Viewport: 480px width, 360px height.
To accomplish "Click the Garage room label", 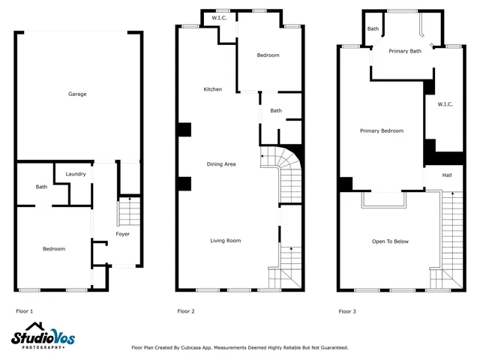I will click(77, 94).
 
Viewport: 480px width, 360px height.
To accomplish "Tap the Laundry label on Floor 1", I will click(76, 174).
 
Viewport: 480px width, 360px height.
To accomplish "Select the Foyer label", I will click(122, 234).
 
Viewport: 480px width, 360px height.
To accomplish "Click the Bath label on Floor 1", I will click(41, 187).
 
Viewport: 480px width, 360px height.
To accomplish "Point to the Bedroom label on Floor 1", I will click(53, 249).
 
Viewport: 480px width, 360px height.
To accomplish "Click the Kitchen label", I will click(213, 89).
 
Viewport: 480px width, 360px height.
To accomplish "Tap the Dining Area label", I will click(222, 163).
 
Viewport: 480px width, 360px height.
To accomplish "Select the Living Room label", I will click(225, 241).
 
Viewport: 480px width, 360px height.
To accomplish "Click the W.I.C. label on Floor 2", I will click(220, 17).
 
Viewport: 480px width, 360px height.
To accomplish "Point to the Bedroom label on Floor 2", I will click(268, 55).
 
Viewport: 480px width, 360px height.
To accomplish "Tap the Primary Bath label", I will click(405, 51).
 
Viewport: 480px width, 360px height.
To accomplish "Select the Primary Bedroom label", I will click(381, 130).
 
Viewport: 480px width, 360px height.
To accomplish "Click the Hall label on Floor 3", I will click(447, 175).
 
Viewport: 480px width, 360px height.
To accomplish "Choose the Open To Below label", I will click(391, 241).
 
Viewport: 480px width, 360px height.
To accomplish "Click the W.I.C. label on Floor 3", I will click(445, 104).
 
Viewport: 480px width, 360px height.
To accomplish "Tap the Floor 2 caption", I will click(186, 310).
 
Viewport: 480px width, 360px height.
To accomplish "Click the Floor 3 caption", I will click(347, 310).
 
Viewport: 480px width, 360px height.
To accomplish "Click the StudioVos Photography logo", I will click(43, 337).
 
